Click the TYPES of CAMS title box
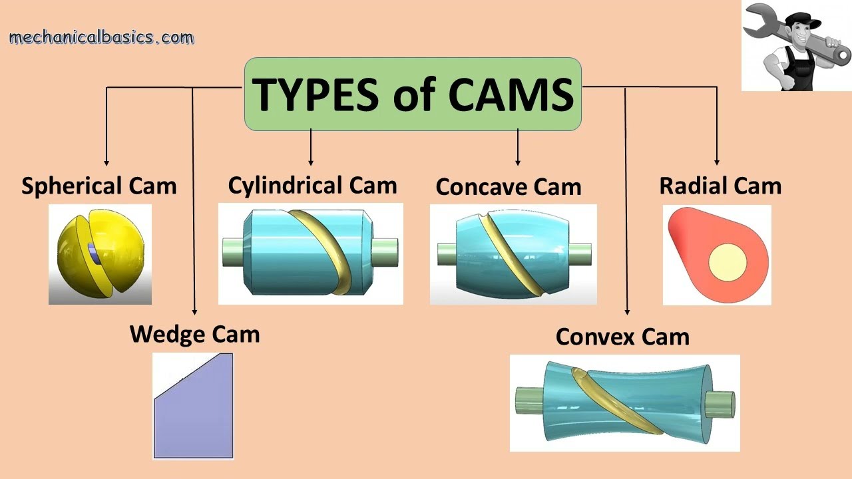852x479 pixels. click(x=413, y=94)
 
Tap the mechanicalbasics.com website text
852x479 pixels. click(x=101, y=37)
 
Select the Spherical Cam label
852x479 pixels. click(x=99, y=186)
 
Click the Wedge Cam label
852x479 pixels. click(x=194, y=333)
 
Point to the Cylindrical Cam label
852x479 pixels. click(x=312, y=186)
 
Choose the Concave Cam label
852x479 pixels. click(x=508, y=187)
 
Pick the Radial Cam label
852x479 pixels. click(x=720, y=186)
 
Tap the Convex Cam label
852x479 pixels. click(x=622, y=337)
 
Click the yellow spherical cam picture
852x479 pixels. click(x=100, y=254)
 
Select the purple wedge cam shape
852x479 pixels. click(x=194, y=409)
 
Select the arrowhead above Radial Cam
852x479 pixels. click(x=717, y=162)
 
